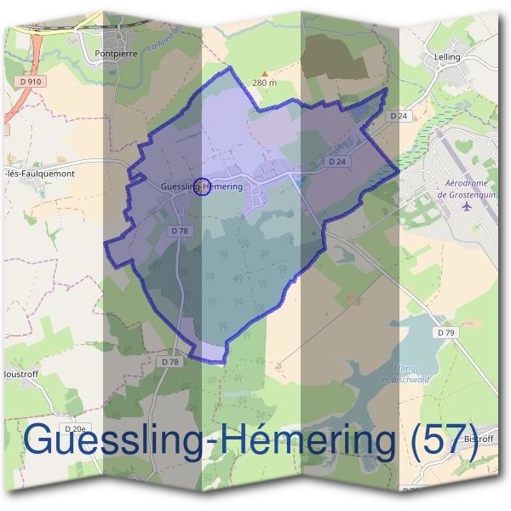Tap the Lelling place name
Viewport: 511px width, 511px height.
point(447,57)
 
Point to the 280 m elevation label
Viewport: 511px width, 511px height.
point(265,83)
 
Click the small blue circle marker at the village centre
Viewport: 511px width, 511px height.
point(202,187)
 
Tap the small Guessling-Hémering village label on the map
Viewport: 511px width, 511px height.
point(202,187)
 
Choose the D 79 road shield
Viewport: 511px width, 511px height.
point(443,332)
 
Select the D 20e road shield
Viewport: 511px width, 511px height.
point(75,428)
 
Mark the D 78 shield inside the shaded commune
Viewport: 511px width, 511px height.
point(179,231)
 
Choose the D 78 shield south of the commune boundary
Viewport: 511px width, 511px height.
point(170,362)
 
